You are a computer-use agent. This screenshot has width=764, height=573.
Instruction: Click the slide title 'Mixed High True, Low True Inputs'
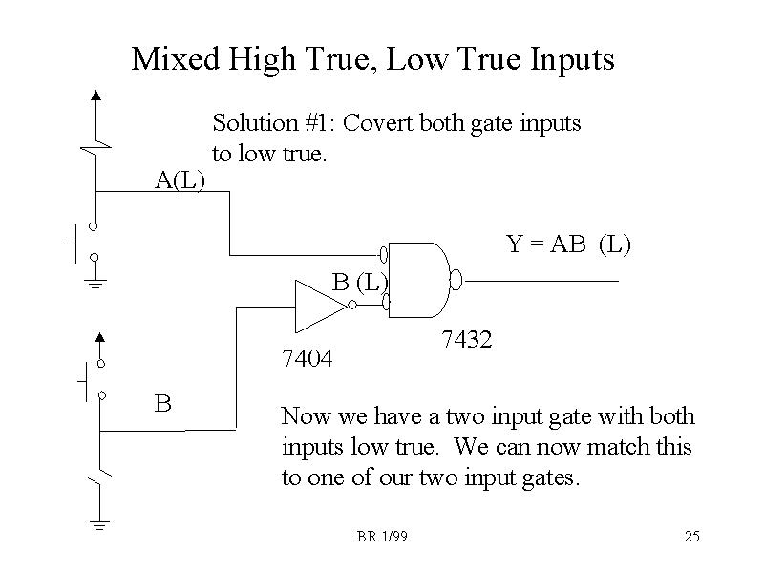click(372, 60)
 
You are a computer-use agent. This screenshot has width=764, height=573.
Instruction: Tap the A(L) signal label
click(180, 179)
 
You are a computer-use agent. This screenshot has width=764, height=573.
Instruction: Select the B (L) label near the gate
click(359, 282)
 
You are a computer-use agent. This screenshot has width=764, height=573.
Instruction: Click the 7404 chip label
click(306, 359)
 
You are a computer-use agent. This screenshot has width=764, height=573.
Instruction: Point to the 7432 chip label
click(467, 339)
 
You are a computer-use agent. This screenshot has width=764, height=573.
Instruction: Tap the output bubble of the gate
click(456, 280)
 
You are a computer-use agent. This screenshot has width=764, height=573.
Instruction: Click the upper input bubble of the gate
click(384, 254)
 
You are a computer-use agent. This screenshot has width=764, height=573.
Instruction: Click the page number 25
click(692, 538)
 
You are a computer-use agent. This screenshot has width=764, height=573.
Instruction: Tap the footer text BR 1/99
click(382, 538)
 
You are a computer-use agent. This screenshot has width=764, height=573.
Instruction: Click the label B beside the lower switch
click(163, 403)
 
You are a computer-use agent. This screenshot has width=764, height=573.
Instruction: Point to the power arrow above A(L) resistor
click(95, 95)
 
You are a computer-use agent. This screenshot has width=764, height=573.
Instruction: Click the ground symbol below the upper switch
click(95, 283)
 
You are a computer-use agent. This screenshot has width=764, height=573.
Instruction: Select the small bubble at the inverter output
click(353, 305)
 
